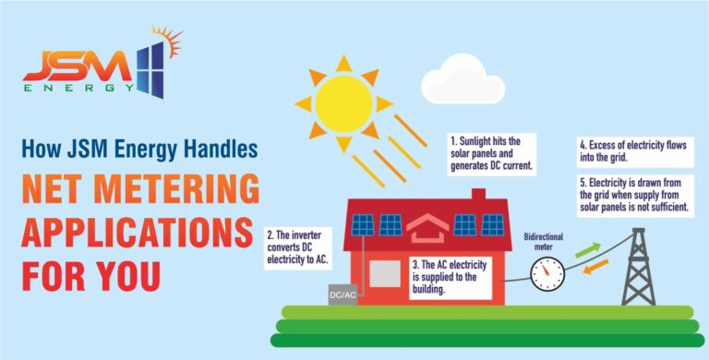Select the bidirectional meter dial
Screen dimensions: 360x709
tap(548, 271)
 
